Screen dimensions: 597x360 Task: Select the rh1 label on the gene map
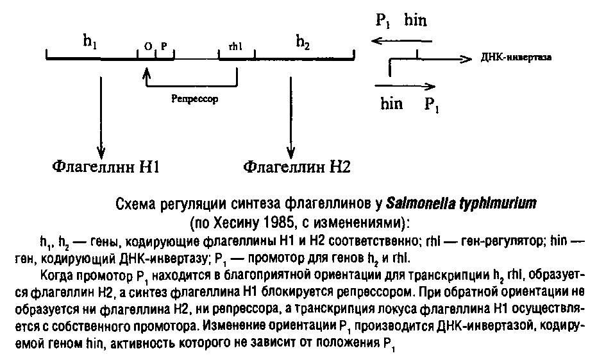tap(237, 47)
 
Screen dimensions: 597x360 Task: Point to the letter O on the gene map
tap(148, 47)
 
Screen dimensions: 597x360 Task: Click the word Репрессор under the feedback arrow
tap(196, 99)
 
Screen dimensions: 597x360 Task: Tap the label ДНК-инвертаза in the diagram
tap(516, 58)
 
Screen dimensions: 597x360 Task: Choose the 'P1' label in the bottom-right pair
tap(432, 104)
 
